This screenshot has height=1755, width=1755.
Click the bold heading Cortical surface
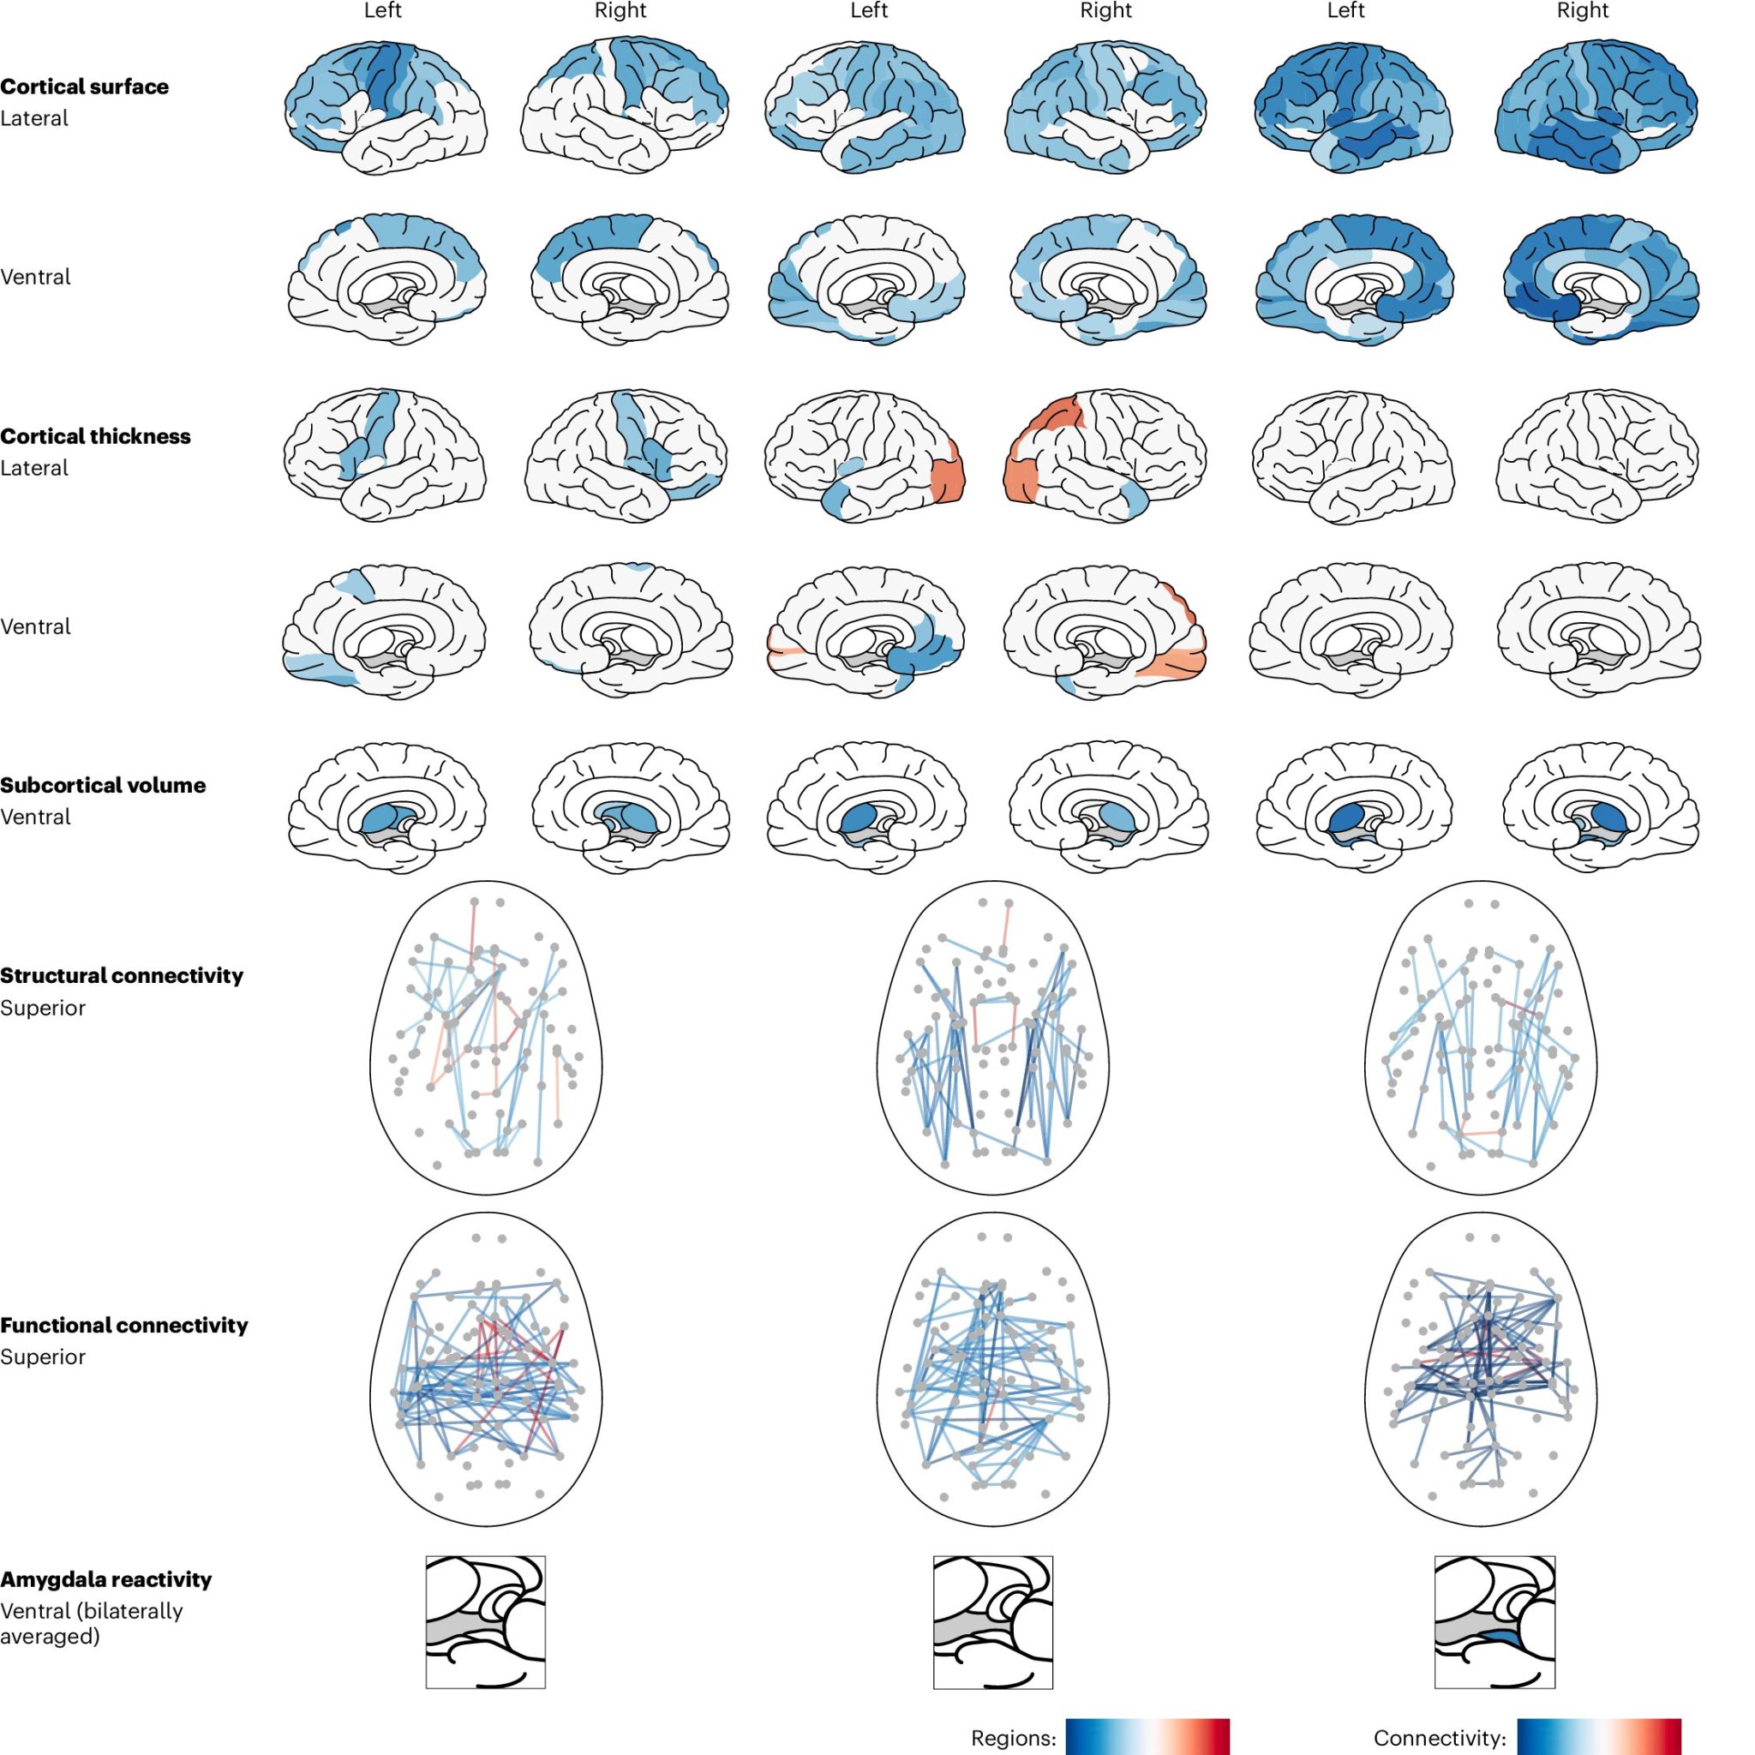(85, 87)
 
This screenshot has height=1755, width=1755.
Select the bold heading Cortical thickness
(95, 437)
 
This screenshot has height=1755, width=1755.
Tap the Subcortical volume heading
(103, 786)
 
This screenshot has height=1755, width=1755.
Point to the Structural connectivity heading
(122, 975)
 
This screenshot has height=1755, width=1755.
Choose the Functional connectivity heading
(123, 1326)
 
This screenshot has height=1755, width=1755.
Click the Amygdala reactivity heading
(105, 1579)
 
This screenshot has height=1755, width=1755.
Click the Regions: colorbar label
(1014, 1738)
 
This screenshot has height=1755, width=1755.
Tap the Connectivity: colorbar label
(1440, 1738)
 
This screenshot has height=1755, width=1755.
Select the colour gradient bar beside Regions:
(1147, 1736)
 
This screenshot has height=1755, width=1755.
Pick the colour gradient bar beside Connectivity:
(1599, 1736)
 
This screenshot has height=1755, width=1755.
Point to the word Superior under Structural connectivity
(43, 1009)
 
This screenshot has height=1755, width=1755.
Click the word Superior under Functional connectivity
(43, 1357)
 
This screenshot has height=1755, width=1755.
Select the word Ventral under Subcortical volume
(35, 818)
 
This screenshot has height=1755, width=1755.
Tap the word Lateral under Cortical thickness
(34, 469)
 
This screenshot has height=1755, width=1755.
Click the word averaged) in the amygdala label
(50, 1637)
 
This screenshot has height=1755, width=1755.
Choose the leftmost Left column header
(382, 11)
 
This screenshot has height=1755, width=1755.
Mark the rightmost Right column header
(1583, 11)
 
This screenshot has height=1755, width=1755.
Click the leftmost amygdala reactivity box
(486, 1621)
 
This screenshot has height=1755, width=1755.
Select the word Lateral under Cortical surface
(34, 119)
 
